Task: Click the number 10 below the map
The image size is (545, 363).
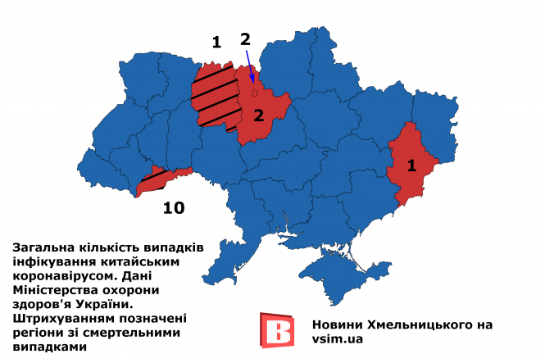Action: (173, 208)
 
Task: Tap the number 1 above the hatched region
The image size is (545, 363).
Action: (216, 43)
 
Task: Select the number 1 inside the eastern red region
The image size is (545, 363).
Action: (411, 164)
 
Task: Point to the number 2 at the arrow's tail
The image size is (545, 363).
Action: (244, 39)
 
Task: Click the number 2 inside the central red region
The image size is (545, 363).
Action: (258, 115)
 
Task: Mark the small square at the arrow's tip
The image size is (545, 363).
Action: (255, 93)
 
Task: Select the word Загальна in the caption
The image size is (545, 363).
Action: (41, 247)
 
